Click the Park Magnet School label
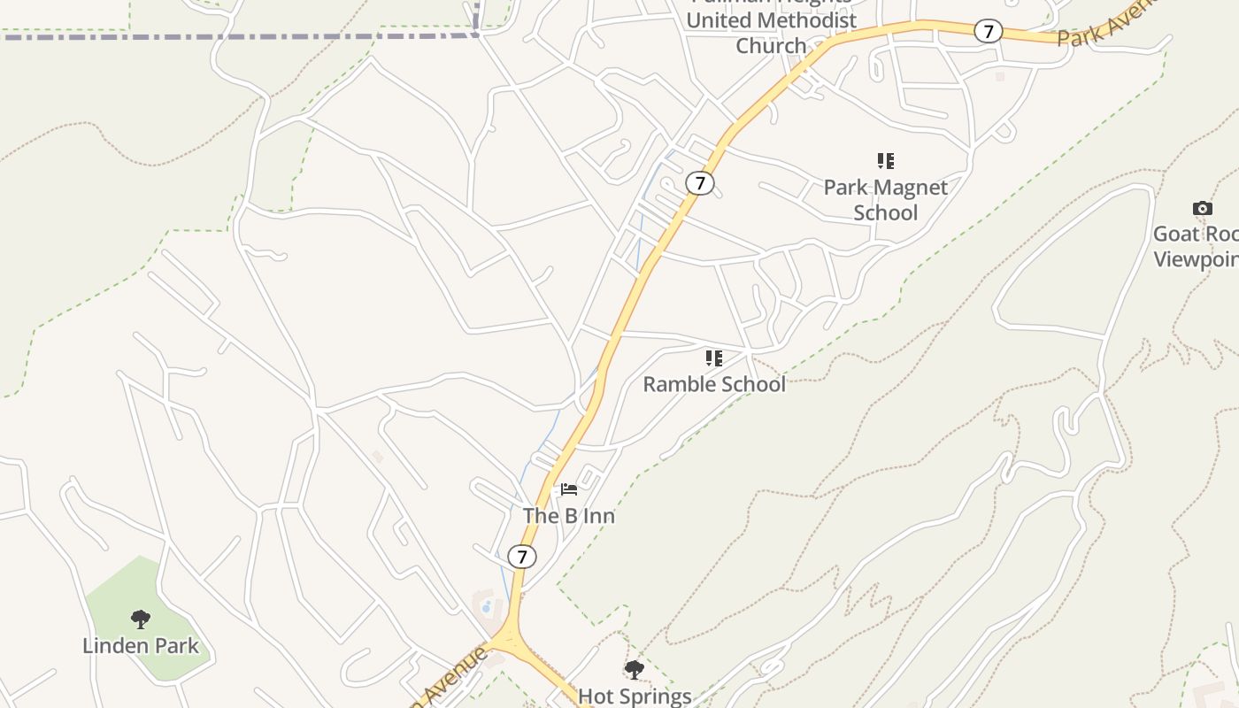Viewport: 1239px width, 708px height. pos(885,200)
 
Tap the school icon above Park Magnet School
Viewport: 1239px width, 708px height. pos(885,161)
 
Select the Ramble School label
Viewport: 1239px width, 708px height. pos(713,384)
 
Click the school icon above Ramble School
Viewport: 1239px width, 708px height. pos(713,358)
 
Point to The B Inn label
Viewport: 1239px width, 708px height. pos(568,515)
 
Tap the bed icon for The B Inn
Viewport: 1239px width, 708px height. pos(568,489)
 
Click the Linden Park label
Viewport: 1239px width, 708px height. pos(141,646)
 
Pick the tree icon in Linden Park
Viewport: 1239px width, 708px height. pos(140,619)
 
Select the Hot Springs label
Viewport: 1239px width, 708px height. pos(635,696)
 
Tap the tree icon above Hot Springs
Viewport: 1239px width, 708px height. pos(634,669)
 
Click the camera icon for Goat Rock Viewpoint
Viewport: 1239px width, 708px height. pos(1202,209)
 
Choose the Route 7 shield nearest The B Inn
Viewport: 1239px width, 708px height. pos(522,557)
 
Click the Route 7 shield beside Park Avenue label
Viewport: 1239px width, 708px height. pos(988,31)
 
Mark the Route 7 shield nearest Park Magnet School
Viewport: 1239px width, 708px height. pos(700,183)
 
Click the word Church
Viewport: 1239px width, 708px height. pos(771,46)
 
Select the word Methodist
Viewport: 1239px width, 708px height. pos(807,20)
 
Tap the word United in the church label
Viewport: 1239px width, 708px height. pos(719,20)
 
